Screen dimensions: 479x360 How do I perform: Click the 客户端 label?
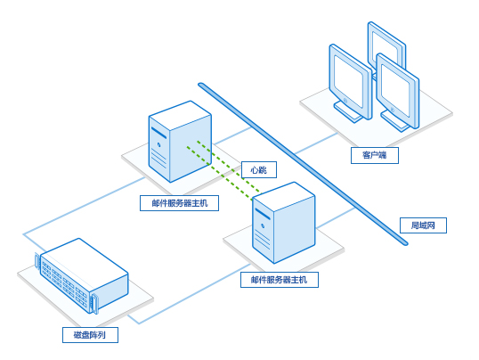(x=375, y=155)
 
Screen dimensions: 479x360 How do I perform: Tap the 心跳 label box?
(x=259, y=170)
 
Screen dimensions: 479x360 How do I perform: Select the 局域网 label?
(x=423, y=225)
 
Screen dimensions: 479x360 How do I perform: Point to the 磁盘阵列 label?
(x=90, y=335)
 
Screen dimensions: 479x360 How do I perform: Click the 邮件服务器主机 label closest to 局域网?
(x=280, y=280)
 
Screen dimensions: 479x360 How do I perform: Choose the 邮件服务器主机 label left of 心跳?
(x=179, y=203)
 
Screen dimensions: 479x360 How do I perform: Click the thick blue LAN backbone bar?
(x=303, y=164)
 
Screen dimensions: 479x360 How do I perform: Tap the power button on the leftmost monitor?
(x=345, y=100)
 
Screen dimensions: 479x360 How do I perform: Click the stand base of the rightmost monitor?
(x=395, y=121)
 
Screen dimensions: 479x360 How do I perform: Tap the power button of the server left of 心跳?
(x=158, y=144)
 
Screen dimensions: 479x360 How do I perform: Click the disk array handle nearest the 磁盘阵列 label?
(x=94, y=303)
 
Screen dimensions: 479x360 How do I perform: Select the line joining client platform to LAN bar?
(x=317, y=143)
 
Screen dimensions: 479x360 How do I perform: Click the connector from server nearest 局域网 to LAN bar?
(x=336, y=217)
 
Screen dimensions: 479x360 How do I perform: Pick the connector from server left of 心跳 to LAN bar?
(x=232, y=135)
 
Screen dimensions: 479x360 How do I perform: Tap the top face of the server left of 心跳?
(x=180, y=115)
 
